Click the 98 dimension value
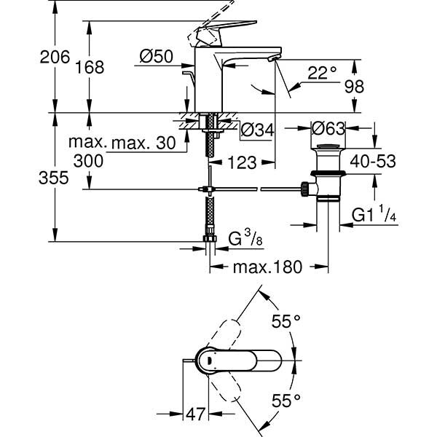coord(374,85)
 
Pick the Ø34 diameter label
coord(257,130)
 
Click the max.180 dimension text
coord(267,267)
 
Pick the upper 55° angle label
coord(287,321)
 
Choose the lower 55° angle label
coord(287,400)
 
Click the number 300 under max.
coord(87,160)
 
